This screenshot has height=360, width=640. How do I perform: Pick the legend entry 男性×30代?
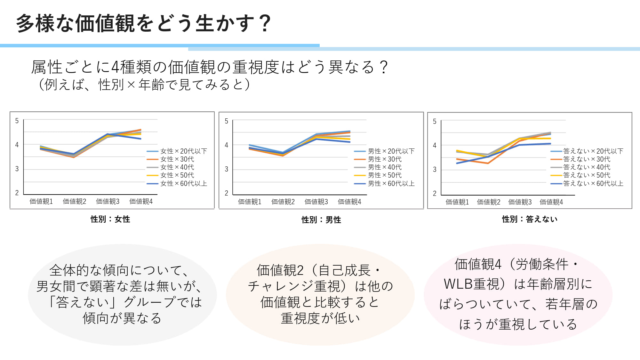pos(384,159)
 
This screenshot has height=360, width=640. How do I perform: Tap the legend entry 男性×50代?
pos(384,175)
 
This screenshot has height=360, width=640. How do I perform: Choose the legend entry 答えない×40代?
pos(587,167)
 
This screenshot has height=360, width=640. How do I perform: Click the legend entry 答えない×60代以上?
pos(593,183)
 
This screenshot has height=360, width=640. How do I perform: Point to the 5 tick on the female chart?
pos(17,121)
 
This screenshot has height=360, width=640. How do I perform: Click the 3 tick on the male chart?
pos(226,169)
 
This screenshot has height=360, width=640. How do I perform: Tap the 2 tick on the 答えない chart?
pos(435,193)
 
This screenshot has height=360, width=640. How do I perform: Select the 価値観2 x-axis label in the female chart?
pos(75,201)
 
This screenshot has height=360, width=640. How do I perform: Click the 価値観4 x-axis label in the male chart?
pos(349,202)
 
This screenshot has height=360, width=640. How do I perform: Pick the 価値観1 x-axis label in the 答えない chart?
pos(457,202)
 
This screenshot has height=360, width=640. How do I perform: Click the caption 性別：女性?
pos(110,219)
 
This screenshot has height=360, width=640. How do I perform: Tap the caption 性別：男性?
pos(321,220)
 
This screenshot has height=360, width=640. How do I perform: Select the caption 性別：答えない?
pos(530,219)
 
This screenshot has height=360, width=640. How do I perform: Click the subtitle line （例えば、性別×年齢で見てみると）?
pos(144,84)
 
